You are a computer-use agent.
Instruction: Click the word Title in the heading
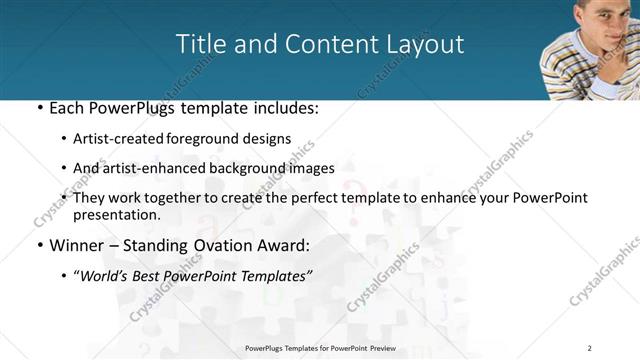pyautogui.click(x=201, y=44)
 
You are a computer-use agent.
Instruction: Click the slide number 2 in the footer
pyautogui.click(x=590, y=347)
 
